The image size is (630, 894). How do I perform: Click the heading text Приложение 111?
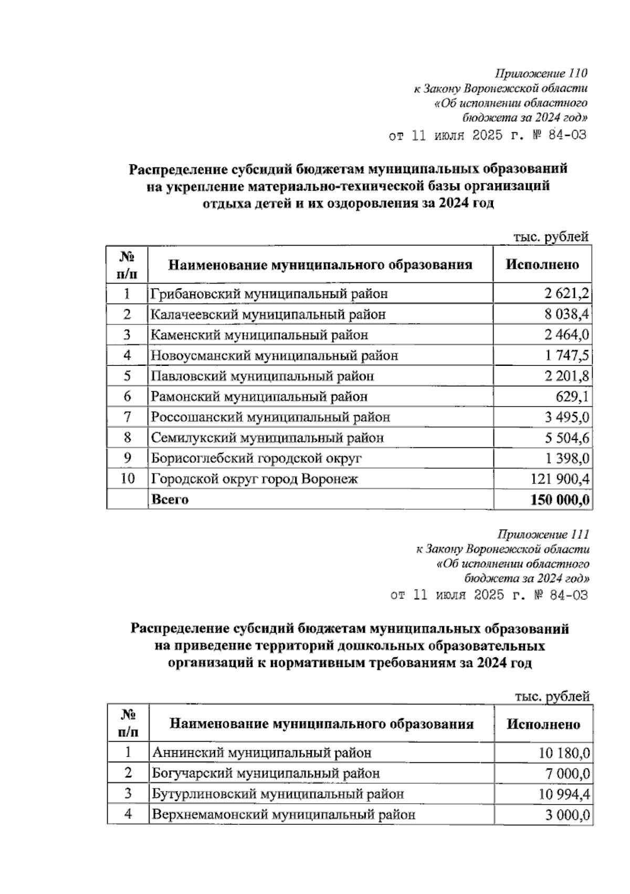pos(543,534)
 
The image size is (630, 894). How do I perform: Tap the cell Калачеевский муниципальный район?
pos(268,314)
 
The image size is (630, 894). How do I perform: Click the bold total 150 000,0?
pos(560,500)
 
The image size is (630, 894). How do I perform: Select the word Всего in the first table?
pos(170,499)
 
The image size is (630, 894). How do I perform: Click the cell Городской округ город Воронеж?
pos(255,479)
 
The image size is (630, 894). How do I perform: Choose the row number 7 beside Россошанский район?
pos(127,417)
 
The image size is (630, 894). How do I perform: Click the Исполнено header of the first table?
pos(542,264)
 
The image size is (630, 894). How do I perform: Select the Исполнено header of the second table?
pos(543,724)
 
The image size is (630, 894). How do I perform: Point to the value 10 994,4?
pos(563,794)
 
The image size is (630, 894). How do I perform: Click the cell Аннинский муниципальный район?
pos(261,753)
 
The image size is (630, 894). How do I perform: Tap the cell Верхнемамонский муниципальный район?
pos(283,815)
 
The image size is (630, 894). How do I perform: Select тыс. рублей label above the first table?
pos(551,237)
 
